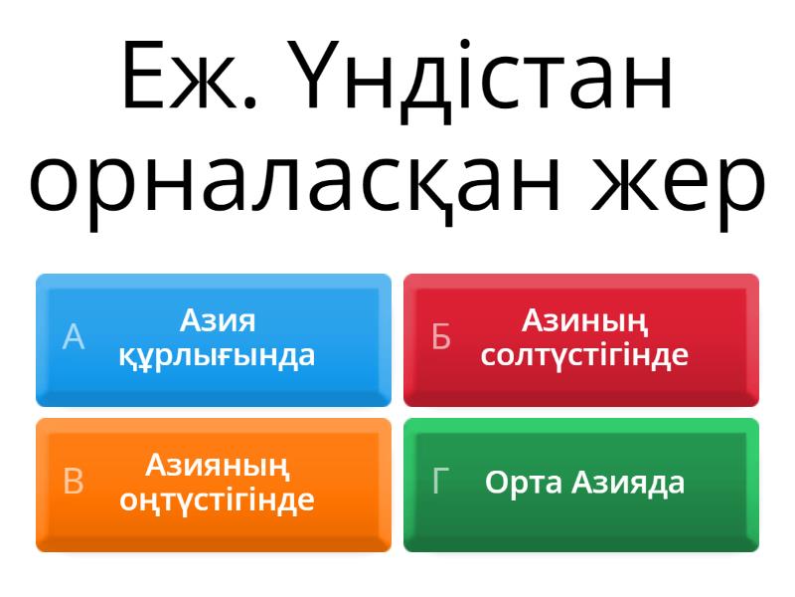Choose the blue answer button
(214, 340)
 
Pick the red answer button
(581, 340)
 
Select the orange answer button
(214, 485)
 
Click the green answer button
(581, 485)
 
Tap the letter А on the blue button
(74, 337)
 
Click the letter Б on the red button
(441, 337)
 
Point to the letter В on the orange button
(74, 482)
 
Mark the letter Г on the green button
(441, 482)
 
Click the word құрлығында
(217, 355)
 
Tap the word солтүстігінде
(584, 355)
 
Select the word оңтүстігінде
(217, 499)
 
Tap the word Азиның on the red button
(584, 320)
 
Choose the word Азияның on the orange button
(217, 465)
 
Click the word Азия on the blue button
(217, 320)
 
